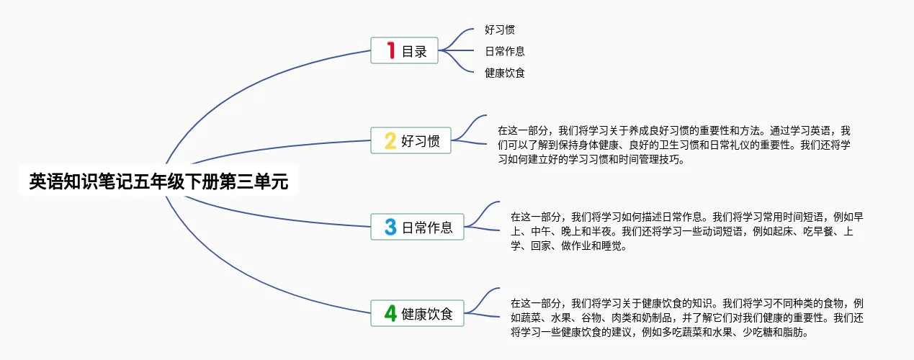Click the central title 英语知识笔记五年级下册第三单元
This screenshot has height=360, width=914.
158,181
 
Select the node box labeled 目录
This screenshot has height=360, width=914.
404,50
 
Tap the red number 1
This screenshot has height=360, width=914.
391,50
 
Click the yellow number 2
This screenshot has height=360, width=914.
390,140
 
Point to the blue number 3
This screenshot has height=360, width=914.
390,227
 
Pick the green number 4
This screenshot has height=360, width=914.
390,313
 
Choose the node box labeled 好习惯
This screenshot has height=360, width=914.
411,140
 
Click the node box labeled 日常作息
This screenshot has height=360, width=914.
418,227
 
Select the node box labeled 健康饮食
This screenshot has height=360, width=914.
418,313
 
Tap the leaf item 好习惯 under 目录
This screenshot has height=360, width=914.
499,30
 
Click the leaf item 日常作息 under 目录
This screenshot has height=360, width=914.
504,51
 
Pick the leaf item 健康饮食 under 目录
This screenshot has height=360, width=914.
504,73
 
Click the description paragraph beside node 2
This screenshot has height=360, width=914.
674,145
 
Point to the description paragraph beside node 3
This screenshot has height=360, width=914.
687,231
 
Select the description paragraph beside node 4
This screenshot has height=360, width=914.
687,318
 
